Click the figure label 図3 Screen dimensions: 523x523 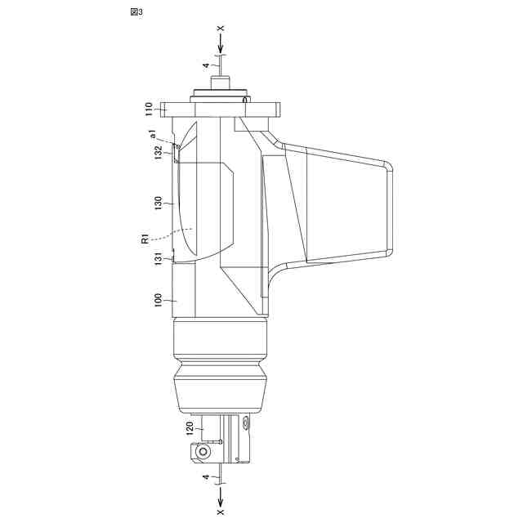pos(136,12)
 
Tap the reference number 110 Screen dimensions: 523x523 pos(149,109)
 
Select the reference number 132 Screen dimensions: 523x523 pos(159,153)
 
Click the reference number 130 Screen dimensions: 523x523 pos(159,203)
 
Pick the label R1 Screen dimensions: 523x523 pos(145,239)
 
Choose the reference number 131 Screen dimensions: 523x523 pos(159,259)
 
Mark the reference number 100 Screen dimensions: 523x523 pos(159,300)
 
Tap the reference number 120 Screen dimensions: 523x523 pos(190,428)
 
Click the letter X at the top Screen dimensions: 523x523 pos(221,29)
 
